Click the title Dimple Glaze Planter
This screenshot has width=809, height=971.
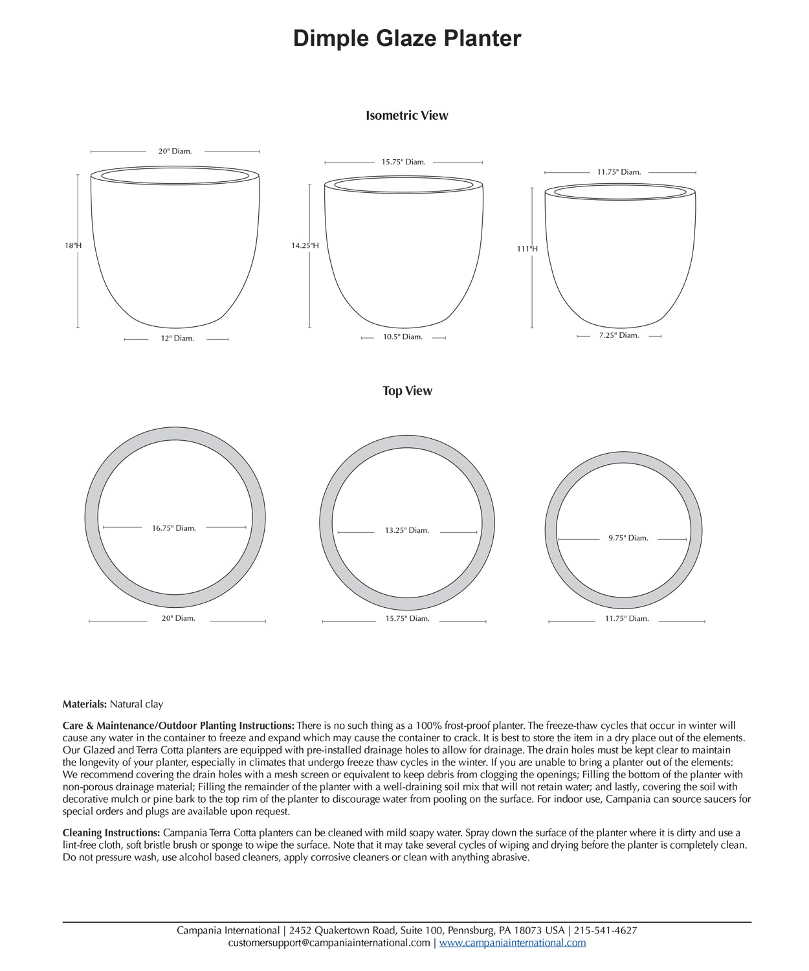406,39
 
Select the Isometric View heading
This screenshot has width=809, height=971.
406,116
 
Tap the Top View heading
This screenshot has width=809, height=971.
406,391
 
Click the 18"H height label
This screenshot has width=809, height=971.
73,246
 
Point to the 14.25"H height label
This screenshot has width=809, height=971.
305,246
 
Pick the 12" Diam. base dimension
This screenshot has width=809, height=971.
177,339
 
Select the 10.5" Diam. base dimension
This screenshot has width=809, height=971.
403,337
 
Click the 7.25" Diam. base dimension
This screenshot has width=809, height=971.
619,335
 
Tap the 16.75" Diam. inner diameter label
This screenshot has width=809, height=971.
174,528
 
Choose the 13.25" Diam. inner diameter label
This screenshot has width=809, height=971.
407,531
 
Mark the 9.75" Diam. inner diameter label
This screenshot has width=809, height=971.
628,538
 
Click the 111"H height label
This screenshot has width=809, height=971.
527,249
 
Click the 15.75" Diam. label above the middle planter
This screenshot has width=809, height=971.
403,162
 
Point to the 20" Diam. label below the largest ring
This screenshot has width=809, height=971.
179,619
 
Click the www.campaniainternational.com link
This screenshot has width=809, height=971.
513,943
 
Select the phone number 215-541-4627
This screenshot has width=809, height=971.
606,931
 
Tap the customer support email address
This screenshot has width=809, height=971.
329,943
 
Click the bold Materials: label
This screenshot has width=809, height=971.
85,704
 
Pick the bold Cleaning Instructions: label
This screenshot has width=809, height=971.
111,833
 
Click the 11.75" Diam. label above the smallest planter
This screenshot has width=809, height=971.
619,172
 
